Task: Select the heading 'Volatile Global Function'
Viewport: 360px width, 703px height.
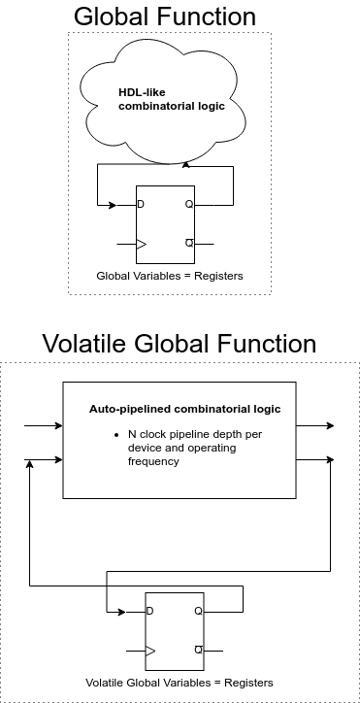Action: [180, 344]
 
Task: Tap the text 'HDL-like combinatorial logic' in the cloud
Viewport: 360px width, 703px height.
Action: [171, 100]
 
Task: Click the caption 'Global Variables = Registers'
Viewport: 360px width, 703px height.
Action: [170, 277]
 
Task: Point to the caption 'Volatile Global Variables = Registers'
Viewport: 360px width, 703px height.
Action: [180, 682]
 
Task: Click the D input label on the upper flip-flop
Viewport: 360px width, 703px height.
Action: [142, 205]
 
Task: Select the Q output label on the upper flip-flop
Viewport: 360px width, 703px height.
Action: [188, 205]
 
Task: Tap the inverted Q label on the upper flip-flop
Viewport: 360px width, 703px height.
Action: [188, 243]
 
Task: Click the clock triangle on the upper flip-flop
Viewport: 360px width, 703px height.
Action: [142, 243]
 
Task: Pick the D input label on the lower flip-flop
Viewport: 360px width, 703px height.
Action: [149, 612]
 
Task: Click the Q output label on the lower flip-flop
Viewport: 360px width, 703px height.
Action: [197, 612]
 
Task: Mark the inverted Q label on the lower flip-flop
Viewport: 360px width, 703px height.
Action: [197, 650]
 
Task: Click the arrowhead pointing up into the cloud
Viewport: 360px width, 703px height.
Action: [185, 166]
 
